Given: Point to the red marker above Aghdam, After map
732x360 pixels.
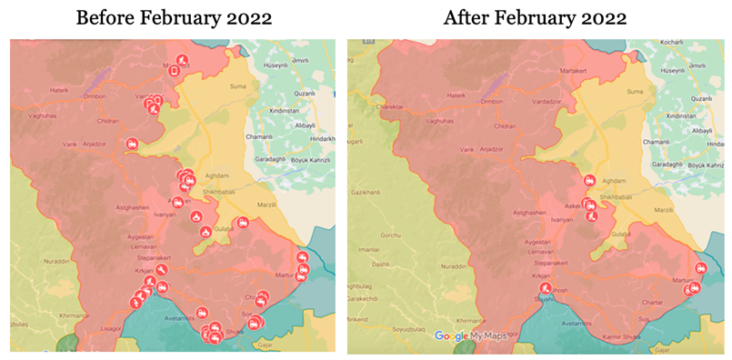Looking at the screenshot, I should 589,180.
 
